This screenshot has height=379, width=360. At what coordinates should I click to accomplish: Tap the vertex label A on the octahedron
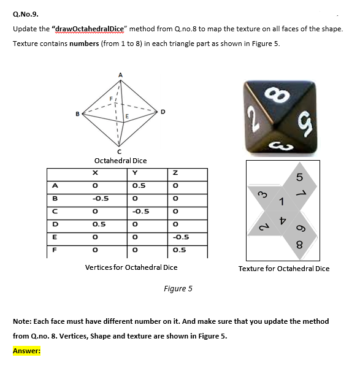120,75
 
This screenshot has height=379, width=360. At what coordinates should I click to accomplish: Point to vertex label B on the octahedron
77,112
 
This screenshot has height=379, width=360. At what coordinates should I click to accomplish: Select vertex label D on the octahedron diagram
163,112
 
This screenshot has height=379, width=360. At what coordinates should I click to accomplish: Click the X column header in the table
96,174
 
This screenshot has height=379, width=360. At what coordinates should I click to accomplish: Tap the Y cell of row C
139,210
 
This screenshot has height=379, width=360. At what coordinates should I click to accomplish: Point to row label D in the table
55,224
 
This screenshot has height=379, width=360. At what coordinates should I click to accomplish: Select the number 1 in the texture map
282,202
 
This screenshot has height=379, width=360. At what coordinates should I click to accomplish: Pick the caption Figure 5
178,288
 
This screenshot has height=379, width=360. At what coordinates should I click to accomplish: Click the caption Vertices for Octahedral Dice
131,267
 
